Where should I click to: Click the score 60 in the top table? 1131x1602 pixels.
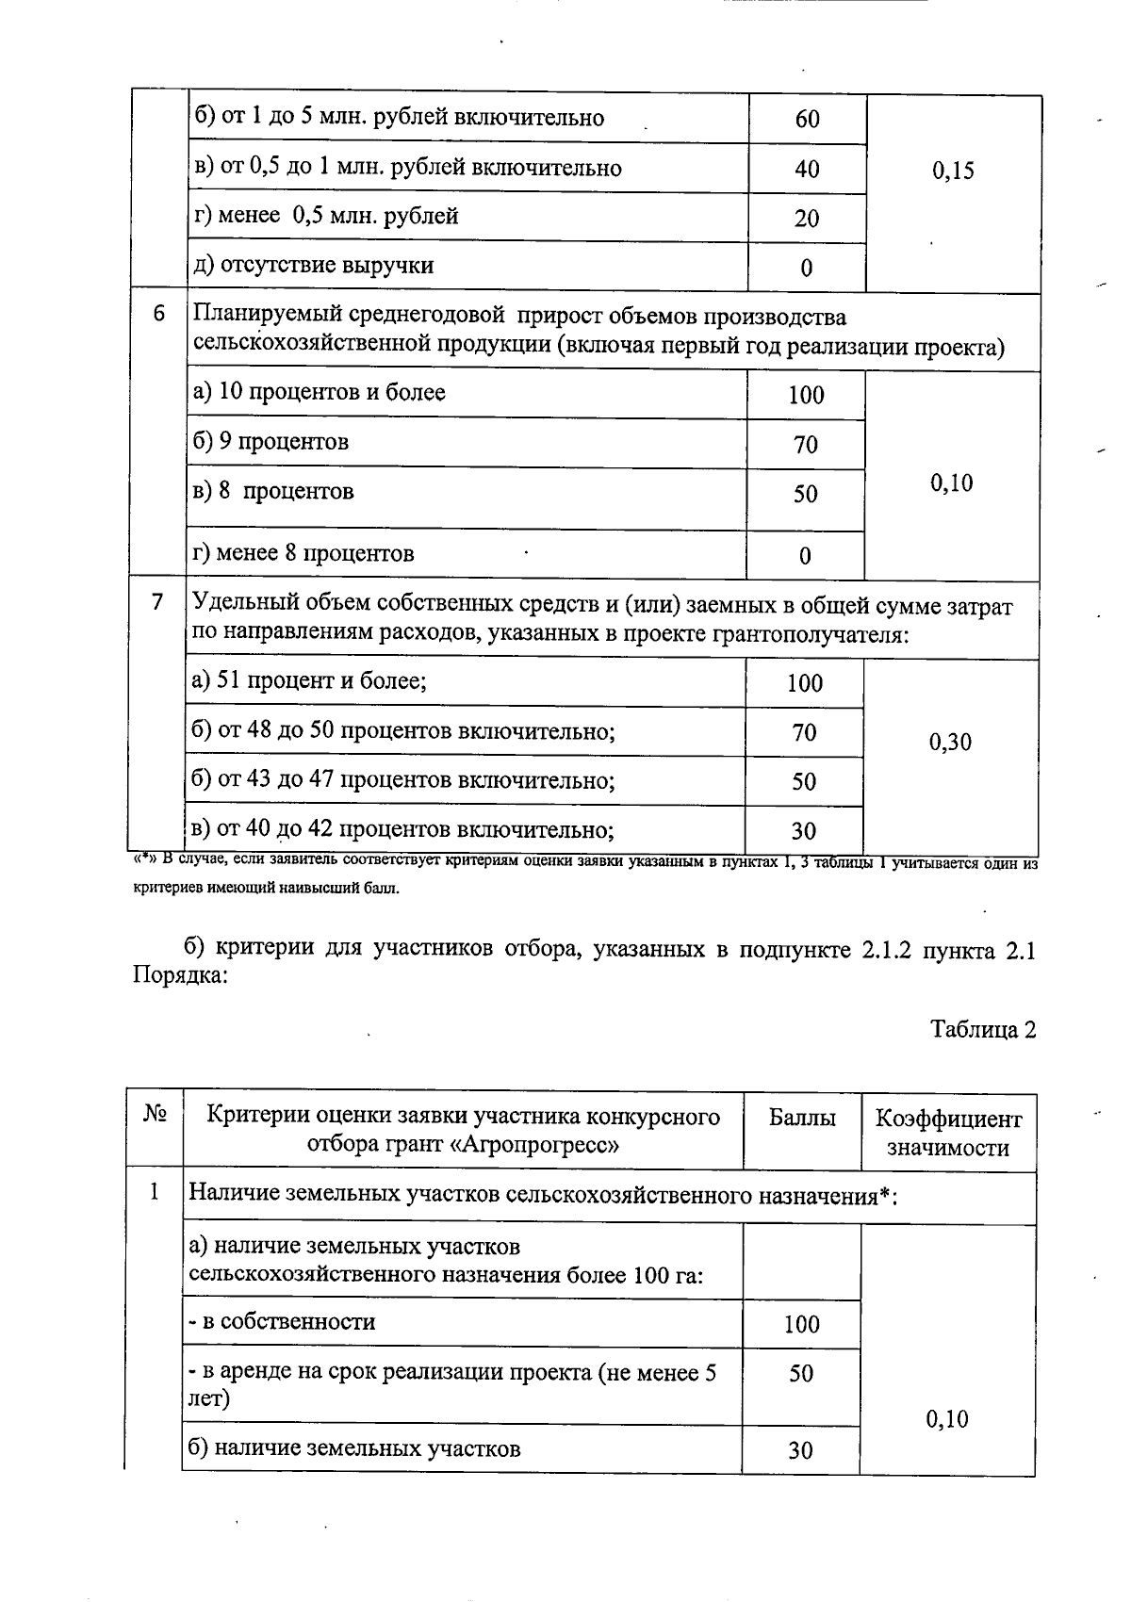[807, 120]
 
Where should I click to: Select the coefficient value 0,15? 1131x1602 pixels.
[953, 171]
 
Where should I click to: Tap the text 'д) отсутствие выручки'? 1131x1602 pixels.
[313, 265]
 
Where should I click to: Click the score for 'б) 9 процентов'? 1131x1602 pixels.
[806, 445]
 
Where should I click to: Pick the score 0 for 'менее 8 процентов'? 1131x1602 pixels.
[805, 556]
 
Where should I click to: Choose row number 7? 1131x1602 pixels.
[157, 601]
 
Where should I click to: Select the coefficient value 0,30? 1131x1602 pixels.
[950, 742]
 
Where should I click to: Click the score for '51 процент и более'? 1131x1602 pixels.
[805, 683]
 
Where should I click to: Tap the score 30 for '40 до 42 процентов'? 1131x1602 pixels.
[804, 831]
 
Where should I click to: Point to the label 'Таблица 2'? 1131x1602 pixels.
[983, 1029]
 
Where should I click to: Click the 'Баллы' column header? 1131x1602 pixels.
[802, 1119]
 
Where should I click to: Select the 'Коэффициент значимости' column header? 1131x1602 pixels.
[948, 1133]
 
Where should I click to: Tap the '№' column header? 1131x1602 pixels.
[156, 1115]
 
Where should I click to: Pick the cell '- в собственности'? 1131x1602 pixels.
[282, 1321]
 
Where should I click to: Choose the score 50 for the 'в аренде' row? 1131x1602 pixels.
[801, 1373]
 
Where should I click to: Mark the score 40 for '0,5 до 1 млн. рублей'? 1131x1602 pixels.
[807, 170]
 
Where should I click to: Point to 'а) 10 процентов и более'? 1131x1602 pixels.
[319, 392]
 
